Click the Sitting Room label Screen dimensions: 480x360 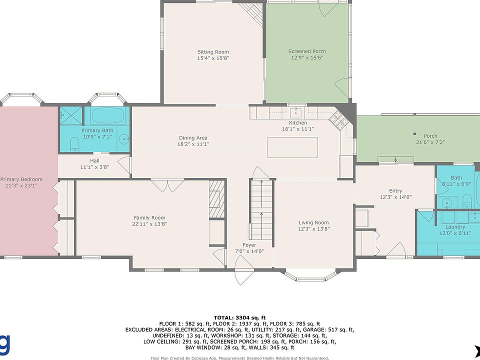213,52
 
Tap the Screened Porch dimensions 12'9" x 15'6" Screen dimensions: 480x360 307,57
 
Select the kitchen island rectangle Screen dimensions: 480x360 292,147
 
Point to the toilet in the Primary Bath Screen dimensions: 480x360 74,144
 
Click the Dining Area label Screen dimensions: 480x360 193,138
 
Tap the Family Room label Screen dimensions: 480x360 149,217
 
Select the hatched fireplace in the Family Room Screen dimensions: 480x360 217,199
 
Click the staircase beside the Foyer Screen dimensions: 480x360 261,209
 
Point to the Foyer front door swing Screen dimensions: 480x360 244,270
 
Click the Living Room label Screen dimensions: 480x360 314,222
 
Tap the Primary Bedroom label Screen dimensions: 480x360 21,179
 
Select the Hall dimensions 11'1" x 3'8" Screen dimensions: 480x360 94,167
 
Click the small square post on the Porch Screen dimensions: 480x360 415,134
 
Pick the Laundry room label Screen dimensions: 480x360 455,227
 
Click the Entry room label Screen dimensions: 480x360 395,190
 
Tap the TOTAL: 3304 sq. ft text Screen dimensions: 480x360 239,318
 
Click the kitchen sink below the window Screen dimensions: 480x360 295,112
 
